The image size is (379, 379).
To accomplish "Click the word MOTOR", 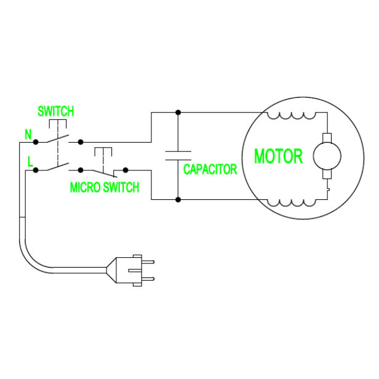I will click(x=278, y=156).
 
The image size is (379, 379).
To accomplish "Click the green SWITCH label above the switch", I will click(x=55, y=111).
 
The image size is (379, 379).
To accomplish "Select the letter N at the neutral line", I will click(x=28, y=134).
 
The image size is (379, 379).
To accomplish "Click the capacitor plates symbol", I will click(x=178, y=155).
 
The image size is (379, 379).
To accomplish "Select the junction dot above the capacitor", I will click(x=178, y=113).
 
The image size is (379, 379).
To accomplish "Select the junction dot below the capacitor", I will click(x=178, y=199).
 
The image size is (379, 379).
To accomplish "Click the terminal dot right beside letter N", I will click(x=36, y=142).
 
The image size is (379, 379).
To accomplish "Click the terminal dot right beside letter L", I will click(x=36, y=169).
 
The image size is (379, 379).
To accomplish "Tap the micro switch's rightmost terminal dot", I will click(x=125, y=169).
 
